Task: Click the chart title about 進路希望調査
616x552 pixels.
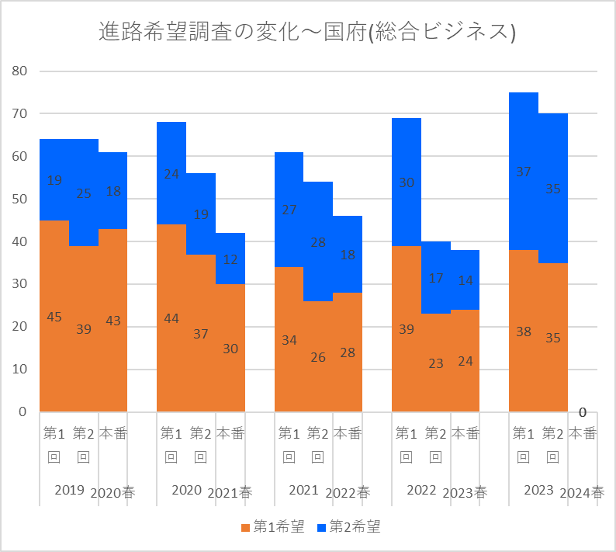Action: (x=308, y=32)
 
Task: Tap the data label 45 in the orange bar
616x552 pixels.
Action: (x=54, y=317)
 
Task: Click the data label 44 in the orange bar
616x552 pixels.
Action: (x=171, y=318)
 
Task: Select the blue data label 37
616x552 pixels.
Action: (x=524, y=172)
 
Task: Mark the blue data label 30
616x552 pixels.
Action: (x=407, y=183)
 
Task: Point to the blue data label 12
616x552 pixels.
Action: (x=230, y=259)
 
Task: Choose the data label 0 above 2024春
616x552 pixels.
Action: (x=582, y=412)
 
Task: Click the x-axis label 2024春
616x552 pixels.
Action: (x=582, y=492)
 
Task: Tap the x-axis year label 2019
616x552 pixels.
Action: (x=70, y=491)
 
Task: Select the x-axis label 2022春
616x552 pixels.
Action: (x=348, y=492)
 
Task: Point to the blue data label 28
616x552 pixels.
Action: (x=318, y=242)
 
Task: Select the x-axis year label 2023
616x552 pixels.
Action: (x=538, y=491)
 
